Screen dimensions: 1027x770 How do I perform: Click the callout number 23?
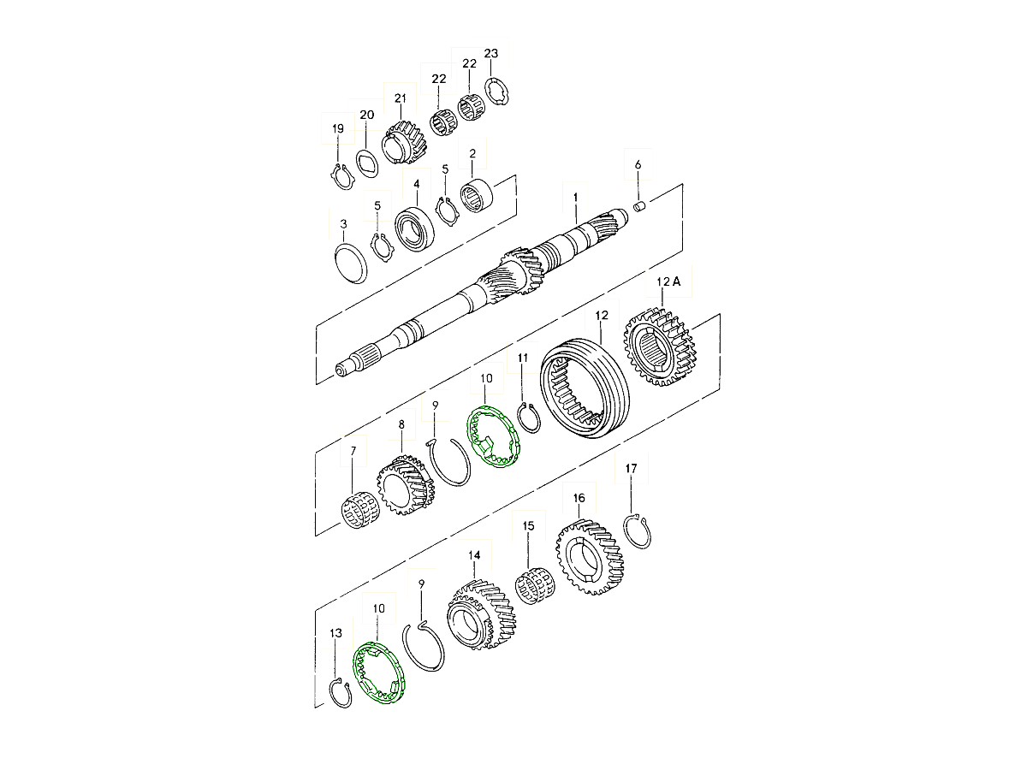coord(490,53)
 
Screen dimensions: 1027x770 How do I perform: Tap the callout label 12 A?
coord(668,281)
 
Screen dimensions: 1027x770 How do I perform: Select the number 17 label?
coord(631,468)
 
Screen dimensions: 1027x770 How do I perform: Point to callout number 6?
coord(638,164)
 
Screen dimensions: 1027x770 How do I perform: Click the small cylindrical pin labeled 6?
coord(639,206)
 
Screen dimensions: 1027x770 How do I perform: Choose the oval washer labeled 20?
coord(368,163)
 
